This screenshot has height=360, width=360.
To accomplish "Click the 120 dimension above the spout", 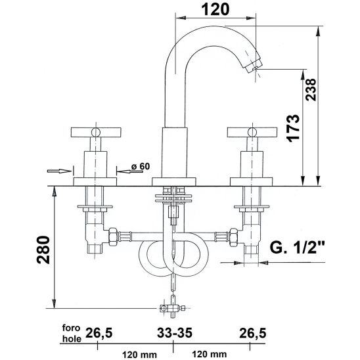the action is point(215,10).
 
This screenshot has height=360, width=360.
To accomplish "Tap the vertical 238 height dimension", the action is point(311,89).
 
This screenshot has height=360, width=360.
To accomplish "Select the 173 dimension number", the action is point(294,128).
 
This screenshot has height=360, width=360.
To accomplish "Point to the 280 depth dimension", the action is point(43,250).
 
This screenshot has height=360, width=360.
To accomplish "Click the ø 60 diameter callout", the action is point(141,166).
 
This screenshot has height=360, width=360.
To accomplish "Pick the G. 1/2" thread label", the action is point(297,247).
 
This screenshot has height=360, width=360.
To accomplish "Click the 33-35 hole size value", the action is point(175,332).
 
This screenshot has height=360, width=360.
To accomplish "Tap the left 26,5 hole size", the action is point(99,332).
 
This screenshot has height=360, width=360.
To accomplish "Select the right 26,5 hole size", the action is point(252,332).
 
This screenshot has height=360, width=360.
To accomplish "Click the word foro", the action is point(71,328).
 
